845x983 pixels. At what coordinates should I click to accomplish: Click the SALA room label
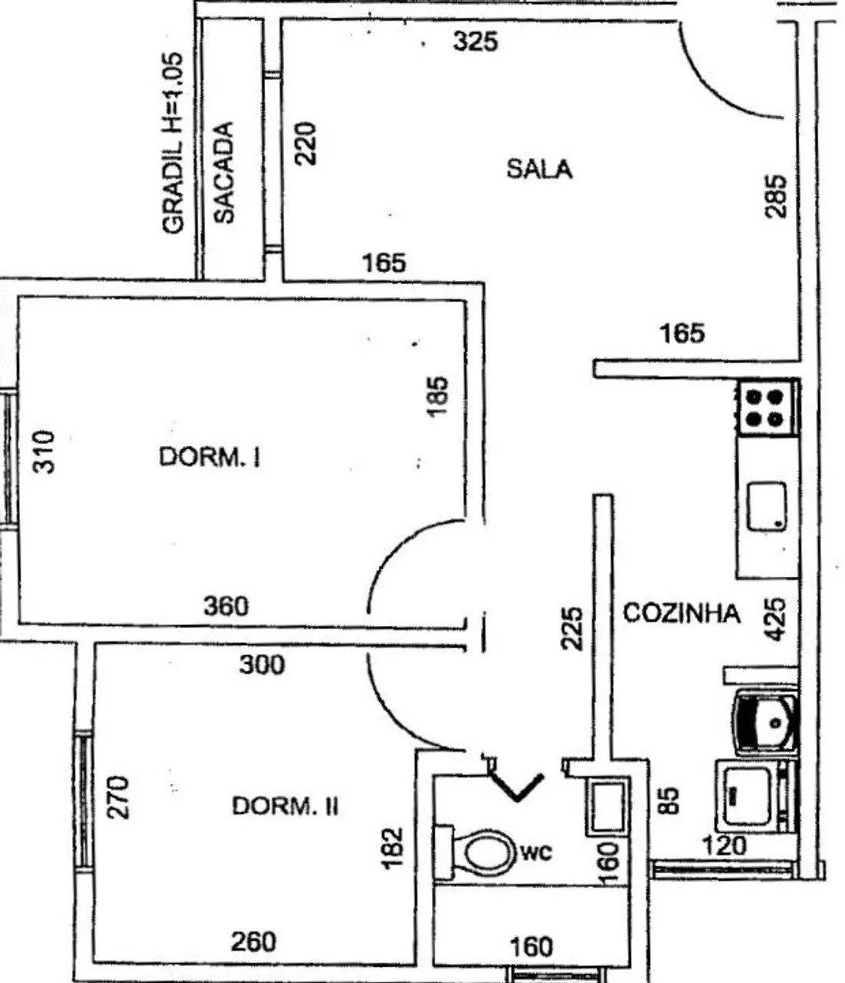(x=539, y=169)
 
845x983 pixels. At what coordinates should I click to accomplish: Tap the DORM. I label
(x=210, y=458)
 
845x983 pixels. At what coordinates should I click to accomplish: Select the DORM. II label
(x=286, y=806)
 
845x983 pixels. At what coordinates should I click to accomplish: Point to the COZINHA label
(x=682, y=614)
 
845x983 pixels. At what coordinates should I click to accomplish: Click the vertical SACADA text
(x=223, y=173)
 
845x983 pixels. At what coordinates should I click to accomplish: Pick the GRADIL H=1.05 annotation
(x=173, y=143)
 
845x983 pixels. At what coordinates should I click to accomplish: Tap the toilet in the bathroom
(x=476, y=852)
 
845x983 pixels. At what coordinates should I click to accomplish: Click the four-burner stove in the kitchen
(x=765, y=409)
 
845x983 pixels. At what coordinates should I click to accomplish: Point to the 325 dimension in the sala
(x=475, y=41)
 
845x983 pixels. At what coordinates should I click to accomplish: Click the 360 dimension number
(x=226, y=606)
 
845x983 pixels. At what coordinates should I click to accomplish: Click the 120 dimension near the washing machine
(x=723, y=846)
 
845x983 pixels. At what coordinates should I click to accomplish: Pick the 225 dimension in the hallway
(x=571, y=628)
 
